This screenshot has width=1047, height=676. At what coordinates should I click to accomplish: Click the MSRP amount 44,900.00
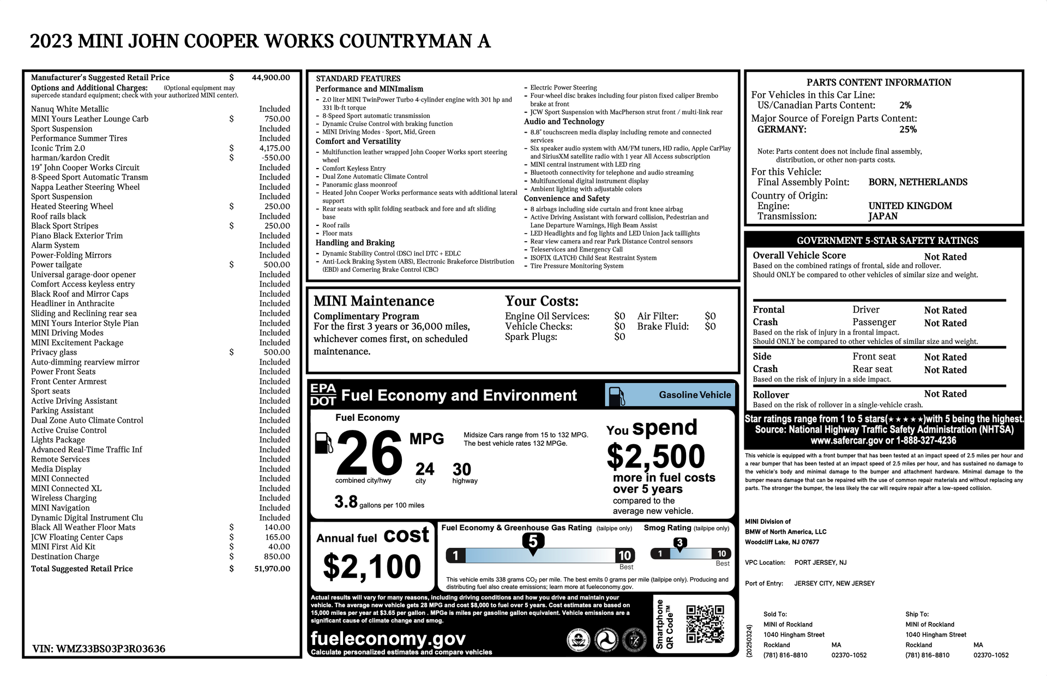pyautogui.click(x=270, y=77)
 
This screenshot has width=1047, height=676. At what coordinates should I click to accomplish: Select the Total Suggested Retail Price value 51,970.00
pyautogui.click(x=272, y=569)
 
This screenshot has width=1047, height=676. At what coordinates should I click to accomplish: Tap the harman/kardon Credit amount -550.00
pyautogui.click(x=275, y=158)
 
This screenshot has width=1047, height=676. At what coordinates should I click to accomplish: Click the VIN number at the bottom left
pyautogui.click(x=99, y=649)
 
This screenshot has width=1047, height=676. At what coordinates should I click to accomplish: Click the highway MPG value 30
pyautogui.click(x=461, y=469)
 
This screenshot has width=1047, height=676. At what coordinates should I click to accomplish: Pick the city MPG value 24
pyautogui.click(x=425, y=469)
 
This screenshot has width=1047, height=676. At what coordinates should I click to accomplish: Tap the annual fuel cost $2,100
pyautogui.click(x=372, y=566)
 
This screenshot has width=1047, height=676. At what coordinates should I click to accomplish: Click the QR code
pyautogui.click(x=705, y=624)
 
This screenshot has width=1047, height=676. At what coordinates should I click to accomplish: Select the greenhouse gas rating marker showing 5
pyautogui.click(x=533, y=541)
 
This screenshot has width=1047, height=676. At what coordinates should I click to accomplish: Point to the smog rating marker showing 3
pyautogui.click(x=679, y=543)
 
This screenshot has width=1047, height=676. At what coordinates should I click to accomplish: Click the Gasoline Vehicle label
pyautogui.click(x=695, y=395)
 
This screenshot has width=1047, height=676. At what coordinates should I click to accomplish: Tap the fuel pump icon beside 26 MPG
pyautogui.click(x=324, y=442)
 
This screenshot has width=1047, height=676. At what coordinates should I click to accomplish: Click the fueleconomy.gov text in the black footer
pyautogui.click(x=388, y=638)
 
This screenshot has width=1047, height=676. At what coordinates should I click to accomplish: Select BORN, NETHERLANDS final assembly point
pyautogui.click(x=918, y=182)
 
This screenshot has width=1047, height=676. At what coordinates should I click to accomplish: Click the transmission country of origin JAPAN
pyautogui.click(x=883, y=216)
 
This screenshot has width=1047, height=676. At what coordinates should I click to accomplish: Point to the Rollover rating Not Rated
pyautogui.click(x=945, y=394)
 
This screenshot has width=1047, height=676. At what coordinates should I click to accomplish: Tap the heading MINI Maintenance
pyautogui.click(x=374, y=301)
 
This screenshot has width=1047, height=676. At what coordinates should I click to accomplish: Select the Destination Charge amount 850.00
pyautogui.click(x=276, y=557)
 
